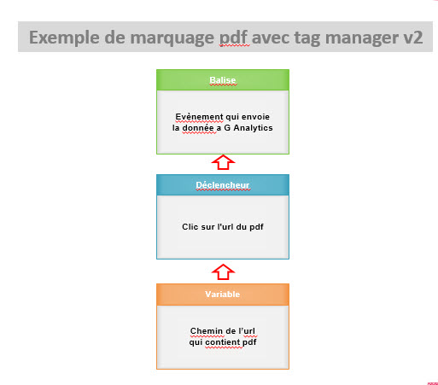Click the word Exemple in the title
point(64,38)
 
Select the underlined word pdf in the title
point(234,38)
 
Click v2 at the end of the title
point(413,38)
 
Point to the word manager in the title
point(361,38)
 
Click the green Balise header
point(223,80)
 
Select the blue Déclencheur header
point(223,185)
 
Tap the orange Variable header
point(223,295)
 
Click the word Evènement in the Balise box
point(199,117)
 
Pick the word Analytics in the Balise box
point(253,128)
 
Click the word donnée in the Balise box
point(198,128)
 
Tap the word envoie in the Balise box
point(255,117)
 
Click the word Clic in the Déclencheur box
point(190,226)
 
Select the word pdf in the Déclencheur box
point(256,227)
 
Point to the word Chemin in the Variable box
point(207,331)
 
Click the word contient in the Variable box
point(223,342)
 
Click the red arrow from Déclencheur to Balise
point(223,162)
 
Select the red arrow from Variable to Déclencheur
point(223,271)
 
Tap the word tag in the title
point(307,38)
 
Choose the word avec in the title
point(271,38)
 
